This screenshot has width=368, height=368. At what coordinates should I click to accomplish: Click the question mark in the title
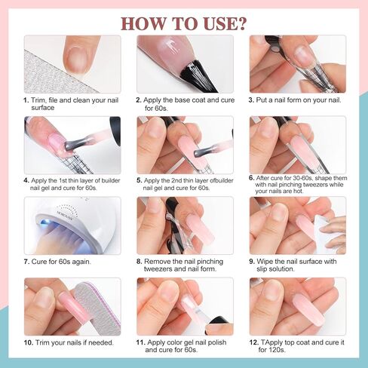click(x=241, y=23)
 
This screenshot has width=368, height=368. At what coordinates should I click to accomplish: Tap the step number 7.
click(x=26, y=262)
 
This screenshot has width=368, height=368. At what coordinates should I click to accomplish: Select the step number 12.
click(x=253, y=342)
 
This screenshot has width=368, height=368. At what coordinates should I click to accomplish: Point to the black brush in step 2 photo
click(x=198, y=75)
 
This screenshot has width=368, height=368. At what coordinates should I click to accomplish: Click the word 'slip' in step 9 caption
click(x=262, y=269)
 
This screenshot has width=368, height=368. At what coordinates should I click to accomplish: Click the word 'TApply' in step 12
click(x=271, y=343)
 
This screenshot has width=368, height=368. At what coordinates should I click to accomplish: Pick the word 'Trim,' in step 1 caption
click(x=38, y=100)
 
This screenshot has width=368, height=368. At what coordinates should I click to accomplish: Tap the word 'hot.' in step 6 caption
click(x=298, y=191)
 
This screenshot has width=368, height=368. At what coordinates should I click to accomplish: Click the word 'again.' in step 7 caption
click(x=81, y=262)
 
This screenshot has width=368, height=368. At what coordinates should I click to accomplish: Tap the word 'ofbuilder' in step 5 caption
click(x=222, y=181)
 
